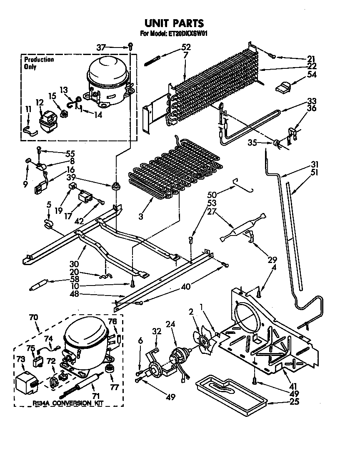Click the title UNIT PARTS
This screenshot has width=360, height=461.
[x=174, y=23]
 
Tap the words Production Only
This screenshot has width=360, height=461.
[x=39, y=63]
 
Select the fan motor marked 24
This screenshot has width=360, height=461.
[x=178, y=358]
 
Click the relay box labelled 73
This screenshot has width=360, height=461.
[x=26, y=381]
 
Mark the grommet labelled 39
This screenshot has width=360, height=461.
[x=113, y=185]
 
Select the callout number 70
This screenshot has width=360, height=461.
[x=33, y=318]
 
